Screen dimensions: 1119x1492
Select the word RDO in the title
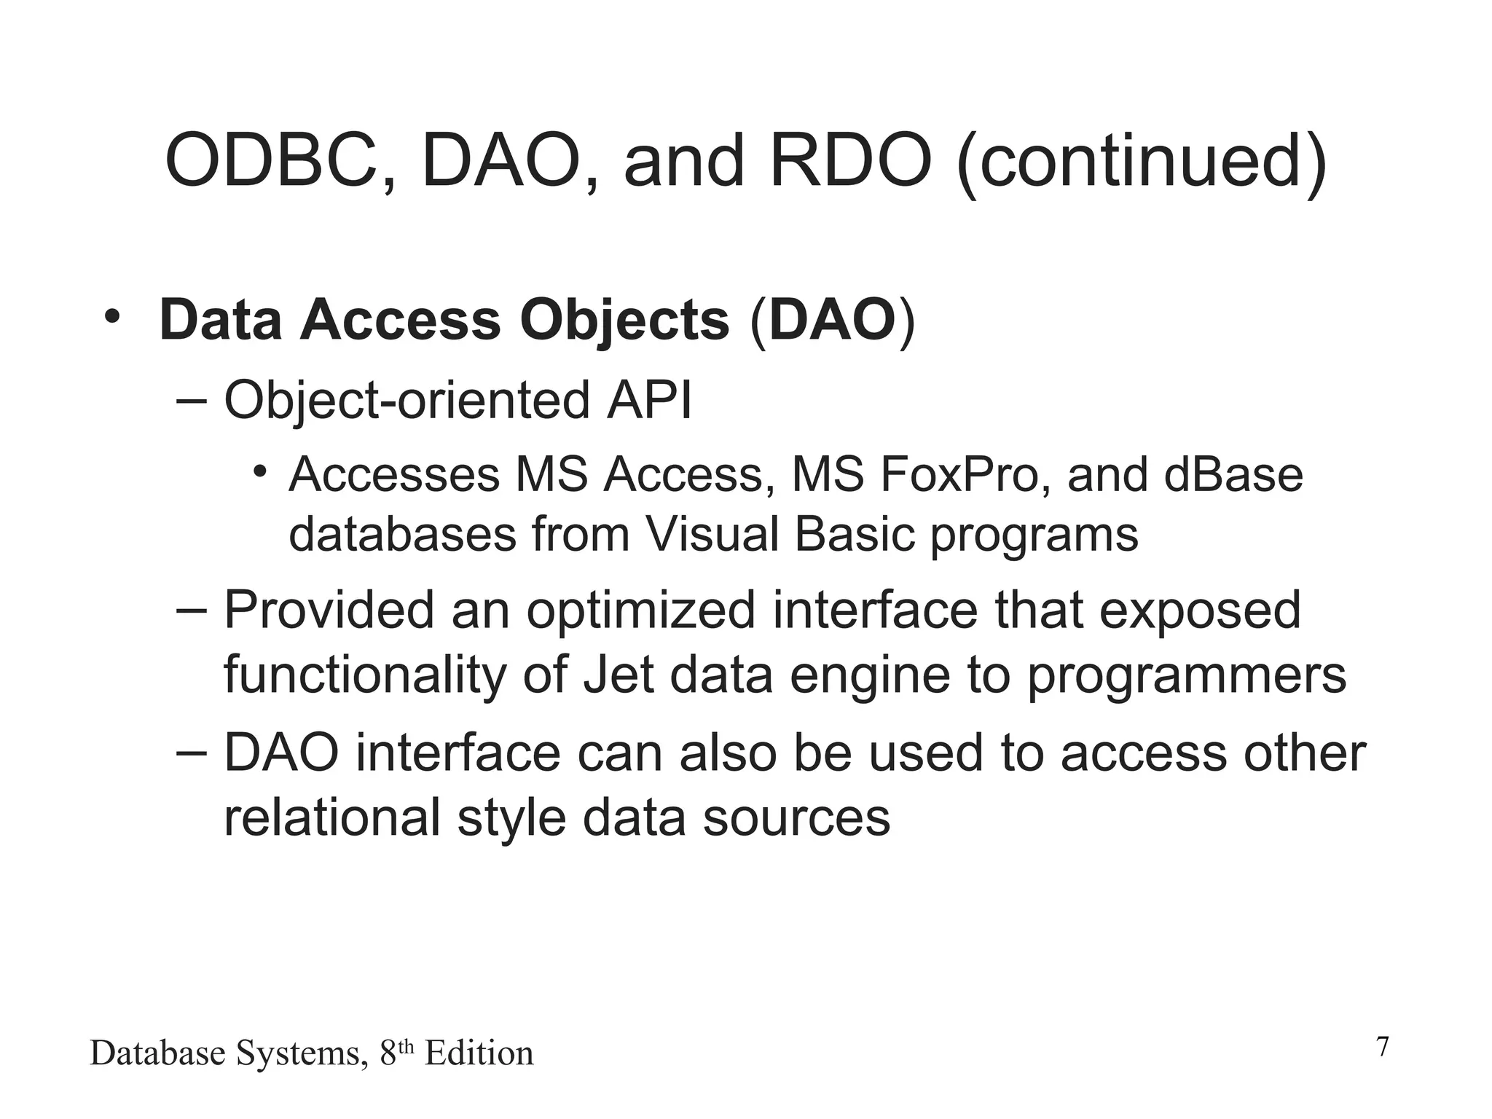tap(850, 160)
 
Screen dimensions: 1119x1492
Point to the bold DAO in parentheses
tap(832, 321)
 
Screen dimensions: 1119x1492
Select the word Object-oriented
tap(407, 402)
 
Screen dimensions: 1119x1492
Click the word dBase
tap(1233, 475)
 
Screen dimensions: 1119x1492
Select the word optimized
tap(640, 610)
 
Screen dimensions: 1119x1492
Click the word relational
tap(331, 817)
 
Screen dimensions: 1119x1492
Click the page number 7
tap(1382, 1047)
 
